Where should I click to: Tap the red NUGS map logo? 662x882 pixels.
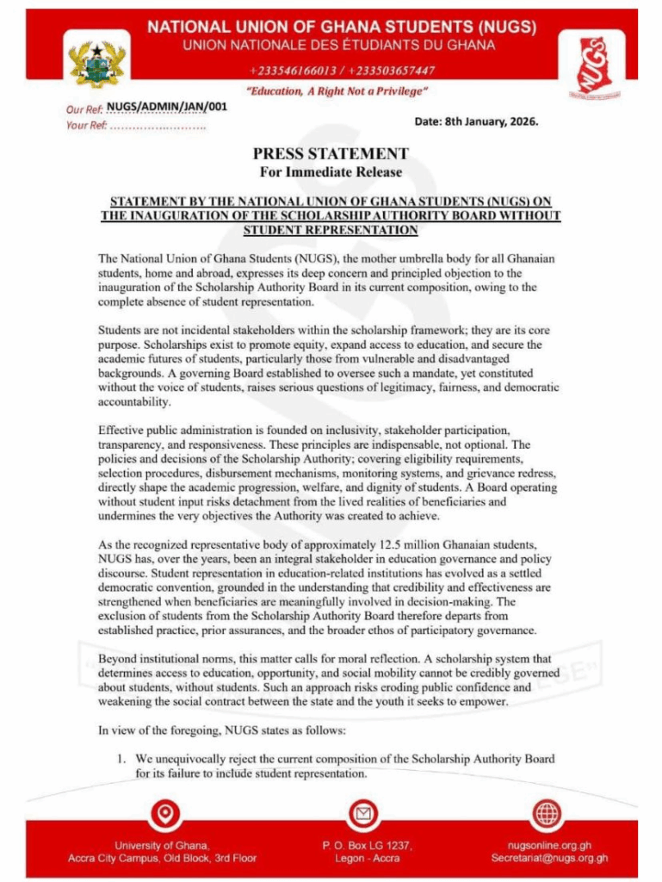point(590,65)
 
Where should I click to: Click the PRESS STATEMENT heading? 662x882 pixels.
point(331,154)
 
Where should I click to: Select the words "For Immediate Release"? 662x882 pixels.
point(331,171)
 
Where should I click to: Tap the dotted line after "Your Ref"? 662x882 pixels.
point(158,127)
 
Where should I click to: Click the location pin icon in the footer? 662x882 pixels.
point(164,813)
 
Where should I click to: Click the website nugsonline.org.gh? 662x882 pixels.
point(549,845)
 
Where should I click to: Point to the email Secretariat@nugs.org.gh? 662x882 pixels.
point(549,858)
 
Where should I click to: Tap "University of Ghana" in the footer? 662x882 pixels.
point(163,845)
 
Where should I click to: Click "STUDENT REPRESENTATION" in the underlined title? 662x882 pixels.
point(331,230)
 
